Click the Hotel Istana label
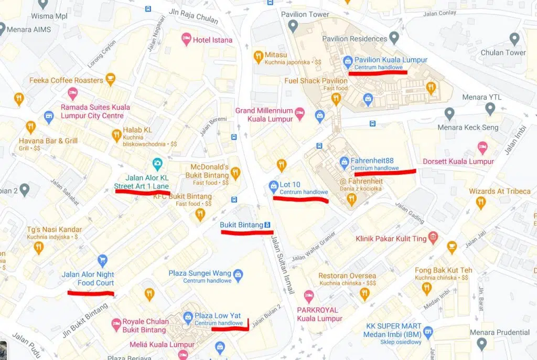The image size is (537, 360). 212,40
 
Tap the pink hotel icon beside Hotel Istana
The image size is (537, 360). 186,39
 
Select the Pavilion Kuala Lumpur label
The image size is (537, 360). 383,60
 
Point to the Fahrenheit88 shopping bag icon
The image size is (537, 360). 345,162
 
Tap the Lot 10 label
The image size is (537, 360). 292,185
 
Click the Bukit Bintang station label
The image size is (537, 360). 241,225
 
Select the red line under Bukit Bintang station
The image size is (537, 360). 247,232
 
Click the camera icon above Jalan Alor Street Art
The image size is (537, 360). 156,163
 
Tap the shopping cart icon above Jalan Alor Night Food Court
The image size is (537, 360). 102,260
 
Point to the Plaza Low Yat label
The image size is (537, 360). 218,316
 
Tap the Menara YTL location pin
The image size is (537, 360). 490,109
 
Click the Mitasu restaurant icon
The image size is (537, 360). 257,56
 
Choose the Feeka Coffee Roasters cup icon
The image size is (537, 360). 110,80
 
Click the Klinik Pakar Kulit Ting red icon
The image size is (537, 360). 433,238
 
